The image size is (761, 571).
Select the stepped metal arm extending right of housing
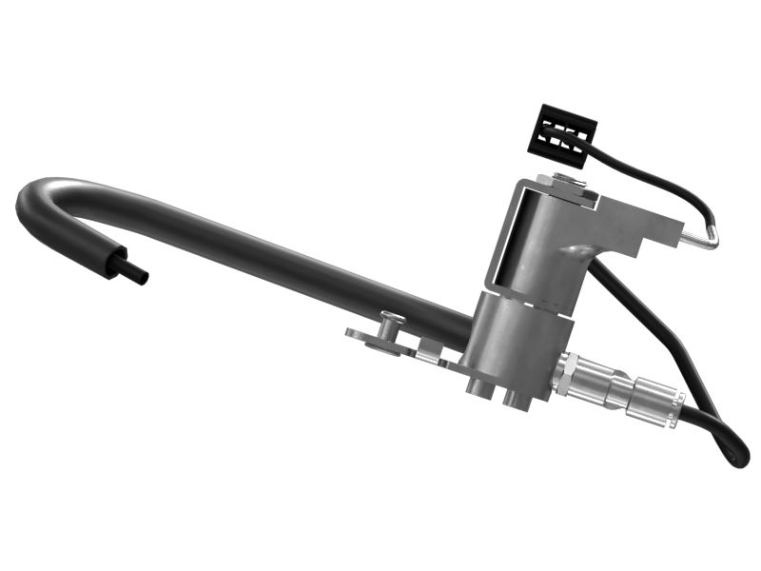[647, 233]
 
